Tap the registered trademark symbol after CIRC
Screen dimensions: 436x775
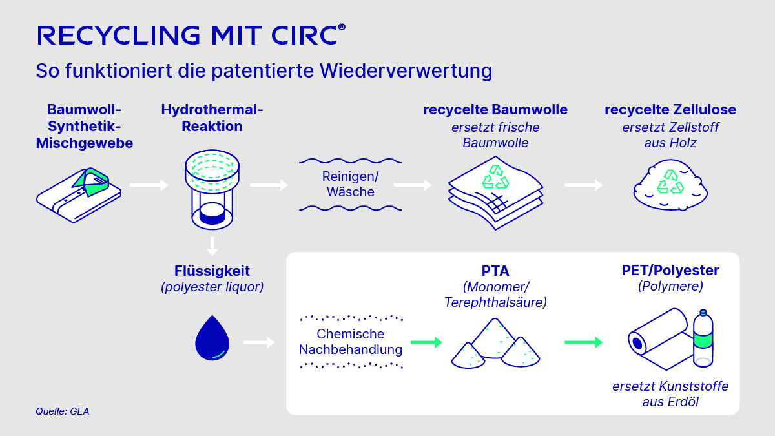(342, 27)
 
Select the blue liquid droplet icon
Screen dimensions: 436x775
(212, 337)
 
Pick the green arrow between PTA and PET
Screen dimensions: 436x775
(583, 342)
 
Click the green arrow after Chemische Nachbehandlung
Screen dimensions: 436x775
(426, 342)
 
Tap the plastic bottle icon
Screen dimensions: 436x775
(703, 338)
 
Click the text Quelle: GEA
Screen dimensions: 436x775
(62, 411)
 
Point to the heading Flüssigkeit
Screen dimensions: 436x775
(212, 271)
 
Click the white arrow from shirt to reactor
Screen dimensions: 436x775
(149, 185)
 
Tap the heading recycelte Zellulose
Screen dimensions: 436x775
(670, 110)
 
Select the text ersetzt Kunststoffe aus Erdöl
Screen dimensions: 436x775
(670, 394)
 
